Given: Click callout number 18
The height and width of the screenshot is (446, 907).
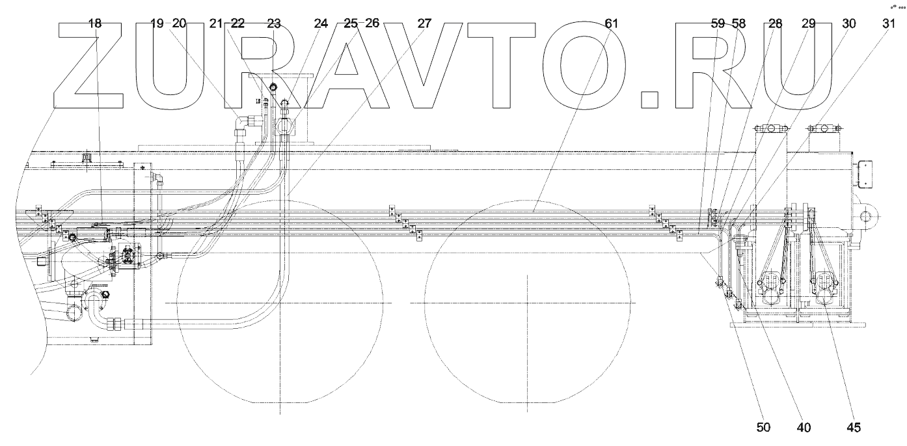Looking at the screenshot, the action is coord(95,24).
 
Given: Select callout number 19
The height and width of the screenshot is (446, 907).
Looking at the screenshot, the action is coord(157,24).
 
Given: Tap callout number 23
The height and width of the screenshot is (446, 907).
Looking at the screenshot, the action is coord(273,24).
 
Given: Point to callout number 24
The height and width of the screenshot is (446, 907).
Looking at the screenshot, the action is coord(321,24).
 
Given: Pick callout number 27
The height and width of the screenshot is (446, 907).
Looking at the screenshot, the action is coord(424,24).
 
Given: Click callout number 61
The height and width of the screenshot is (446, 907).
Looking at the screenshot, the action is coord(612,24).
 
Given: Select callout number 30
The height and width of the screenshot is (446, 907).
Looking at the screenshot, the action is coord(849,24).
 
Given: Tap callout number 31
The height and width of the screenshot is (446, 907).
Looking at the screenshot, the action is coord(889,24).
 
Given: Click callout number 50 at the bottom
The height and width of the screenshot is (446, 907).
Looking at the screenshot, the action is coord(764,427).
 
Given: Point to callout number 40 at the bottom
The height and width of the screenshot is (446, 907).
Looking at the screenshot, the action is coord(804,427).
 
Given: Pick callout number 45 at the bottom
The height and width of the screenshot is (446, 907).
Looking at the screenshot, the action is coord(853,427).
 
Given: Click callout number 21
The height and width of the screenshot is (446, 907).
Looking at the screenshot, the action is coord(217,24).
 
